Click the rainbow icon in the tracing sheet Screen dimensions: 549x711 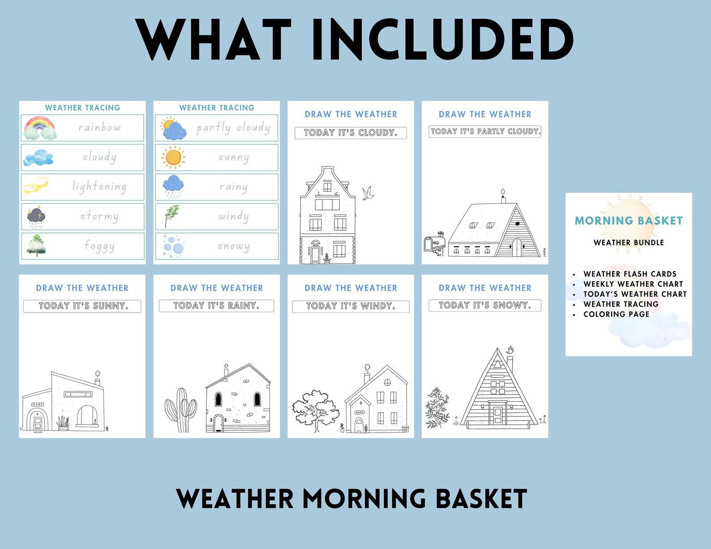pyautogui.click(x=40, y=128)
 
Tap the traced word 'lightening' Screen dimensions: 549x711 pyautogui.click(x=99, y=186)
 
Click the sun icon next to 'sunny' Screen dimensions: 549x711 pyautogui.click(x=173, y=157)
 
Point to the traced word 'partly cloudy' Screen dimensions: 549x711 pyautogui.click(x=233, y=128)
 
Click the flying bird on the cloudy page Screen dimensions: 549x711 pyautogui.click(x=368, y=193)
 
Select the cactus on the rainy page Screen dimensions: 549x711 pyautogui.click(x=181, y=410)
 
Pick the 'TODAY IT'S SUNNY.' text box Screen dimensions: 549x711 pyautogui.click(x=82, y=306)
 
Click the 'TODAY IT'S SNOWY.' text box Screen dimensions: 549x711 pyautogui.click(x=485, y=305)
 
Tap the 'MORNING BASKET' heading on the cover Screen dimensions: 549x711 pyautogui.click(x=629, y=221)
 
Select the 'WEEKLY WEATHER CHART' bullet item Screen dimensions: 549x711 pyautogui.click(x=633, y=284)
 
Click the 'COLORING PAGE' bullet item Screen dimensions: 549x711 pyautogui.click(x=616, y=314)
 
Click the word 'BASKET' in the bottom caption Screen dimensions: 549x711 pyautogui.click(x=481, y=498)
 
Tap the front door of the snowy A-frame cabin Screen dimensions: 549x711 pyautogui.click(x=497, y=415)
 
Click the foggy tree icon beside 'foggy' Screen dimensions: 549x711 pyautogui.click(x=36, y=245)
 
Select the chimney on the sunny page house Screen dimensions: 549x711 pyautogui.click(x=98, y=378)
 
